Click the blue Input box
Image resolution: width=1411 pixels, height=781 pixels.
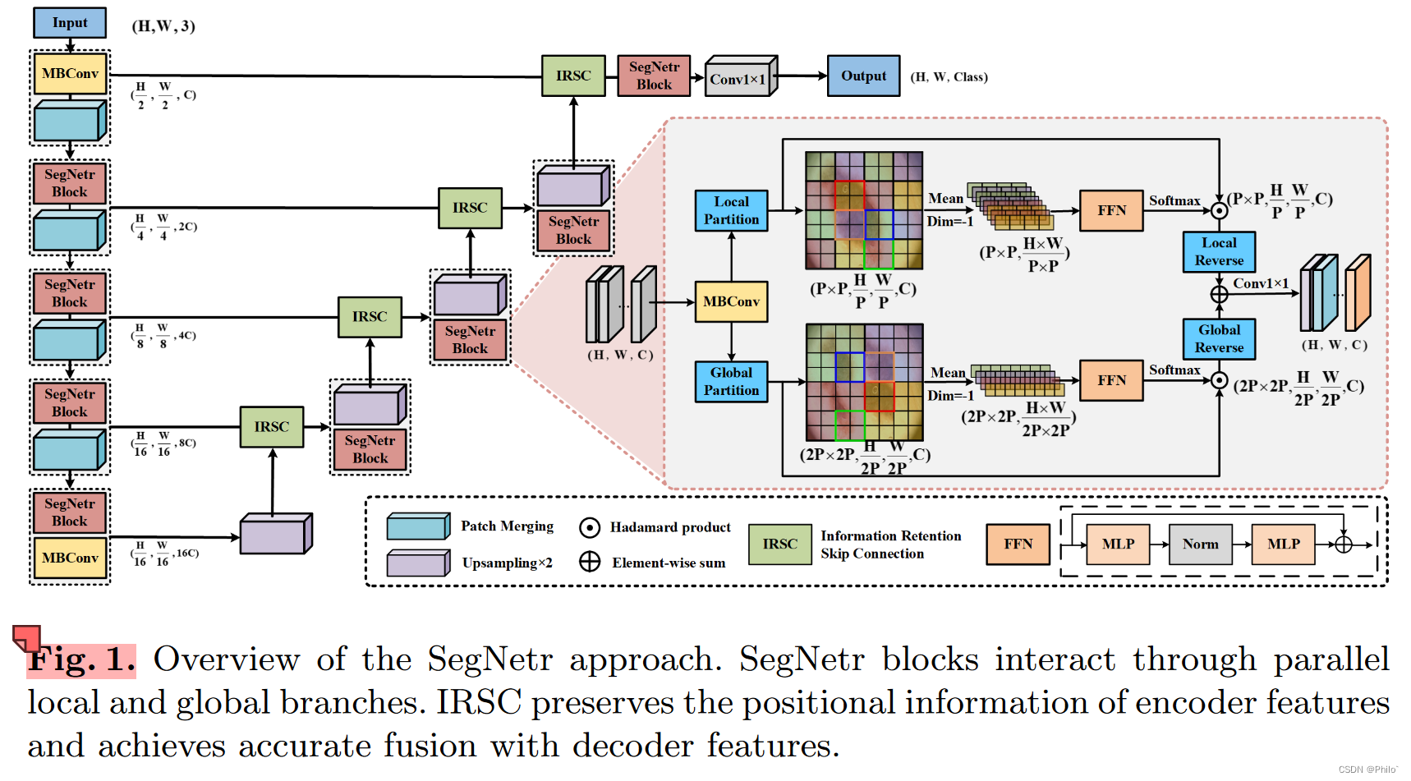tap(70, 23)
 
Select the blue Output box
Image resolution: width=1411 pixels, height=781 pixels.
tap(863, 76)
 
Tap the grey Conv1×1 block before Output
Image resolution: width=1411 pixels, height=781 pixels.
tap(739, 78)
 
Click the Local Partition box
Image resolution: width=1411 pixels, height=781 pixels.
tap(731, 211)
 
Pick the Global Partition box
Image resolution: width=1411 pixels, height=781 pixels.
tap(731, 382)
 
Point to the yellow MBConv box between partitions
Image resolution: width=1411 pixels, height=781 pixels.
tap(731, 302)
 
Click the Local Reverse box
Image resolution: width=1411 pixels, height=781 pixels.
tap(1219, 252)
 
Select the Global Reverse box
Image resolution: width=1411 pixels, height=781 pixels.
tap(1219, 338)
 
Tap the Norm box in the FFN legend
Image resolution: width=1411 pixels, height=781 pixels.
tap(1200, 544)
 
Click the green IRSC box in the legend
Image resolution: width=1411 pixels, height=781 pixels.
tap(779, 544)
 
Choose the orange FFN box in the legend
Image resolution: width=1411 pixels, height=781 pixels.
tap(1018, 544)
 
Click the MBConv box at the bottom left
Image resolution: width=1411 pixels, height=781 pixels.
tap(70, 558)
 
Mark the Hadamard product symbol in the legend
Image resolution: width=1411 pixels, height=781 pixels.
tap(589, 527)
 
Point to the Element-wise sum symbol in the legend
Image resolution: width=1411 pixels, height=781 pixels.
tap(589, 563)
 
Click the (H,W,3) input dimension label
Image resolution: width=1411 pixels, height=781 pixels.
tap(163, 26)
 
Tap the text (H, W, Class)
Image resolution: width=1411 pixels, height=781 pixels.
tap(949, 77)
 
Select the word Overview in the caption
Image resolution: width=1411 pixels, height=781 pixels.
tap(226, 659)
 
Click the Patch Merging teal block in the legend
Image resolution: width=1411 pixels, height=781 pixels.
tap(418, 526)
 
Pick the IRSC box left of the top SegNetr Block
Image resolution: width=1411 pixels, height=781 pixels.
tap(573, 76)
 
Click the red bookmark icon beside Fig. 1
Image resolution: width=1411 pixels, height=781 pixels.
tap(26, 636)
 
